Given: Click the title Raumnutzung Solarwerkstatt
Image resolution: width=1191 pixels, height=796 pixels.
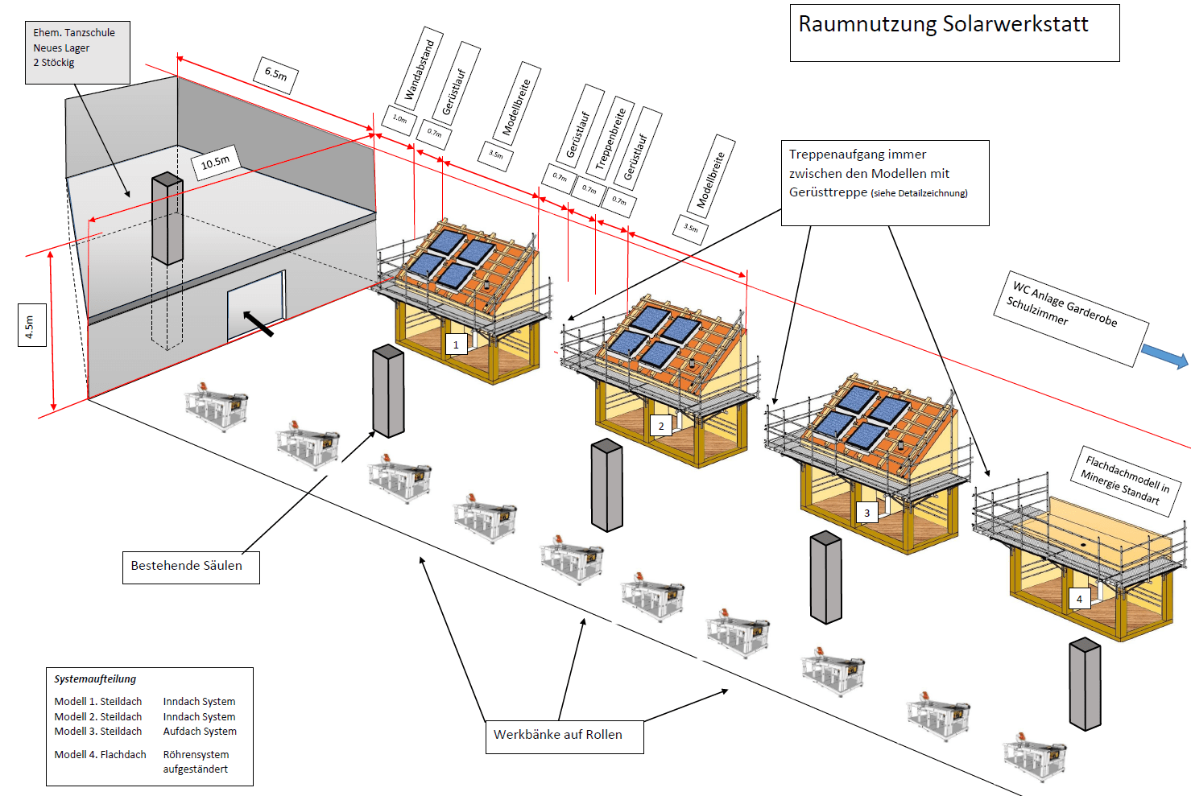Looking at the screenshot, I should coord(943,24).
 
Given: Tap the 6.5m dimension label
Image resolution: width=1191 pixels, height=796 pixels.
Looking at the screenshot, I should coord(275,74).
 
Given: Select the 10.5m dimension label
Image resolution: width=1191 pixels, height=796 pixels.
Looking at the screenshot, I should coord(215,163).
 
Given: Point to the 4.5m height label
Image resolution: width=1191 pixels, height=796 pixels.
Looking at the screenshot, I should coord(31,326).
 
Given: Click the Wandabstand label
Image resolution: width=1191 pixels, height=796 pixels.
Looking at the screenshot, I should coord(420,69).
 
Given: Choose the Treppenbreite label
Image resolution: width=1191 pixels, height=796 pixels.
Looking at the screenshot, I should coord(610,139).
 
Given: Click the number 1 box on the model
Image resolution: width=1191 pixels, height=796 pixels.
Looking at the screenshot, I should coord(456,344).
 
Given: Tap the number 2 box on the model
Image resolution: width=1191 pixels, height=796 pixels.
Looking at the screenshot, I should coord(661,426).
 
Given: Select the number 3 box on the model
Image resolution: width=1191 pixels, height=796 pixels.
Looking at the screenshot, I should coord(866,513).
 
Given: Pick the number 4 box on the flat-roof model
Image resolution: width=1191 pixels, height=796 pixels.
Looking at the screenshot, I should coord(1079,599).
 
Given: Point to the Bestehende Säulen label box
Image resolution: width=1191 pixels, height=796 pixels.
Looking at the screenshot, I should coord(190,567).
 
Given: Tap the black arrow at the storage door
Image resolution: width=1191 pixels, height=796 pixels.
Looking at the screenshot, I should coord(258,324).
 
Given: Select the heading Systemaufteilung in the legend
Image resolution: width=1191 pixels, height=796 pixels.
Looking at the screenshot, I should coord(95,679).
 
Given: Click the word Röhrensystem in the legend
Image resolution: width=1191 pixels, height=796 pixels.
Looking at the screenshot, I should coord(196,755).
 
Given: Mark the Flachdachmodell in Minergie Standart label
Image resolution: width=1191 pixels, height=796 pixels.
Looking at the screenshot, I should coord(1125,480).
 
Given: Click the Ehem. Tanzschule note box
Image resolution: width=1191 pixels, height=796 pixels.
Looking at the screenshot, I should coord(77,52).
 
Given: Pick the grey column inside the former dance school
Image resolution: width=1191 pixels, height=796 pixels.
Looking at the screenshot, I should coord(167,218).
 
